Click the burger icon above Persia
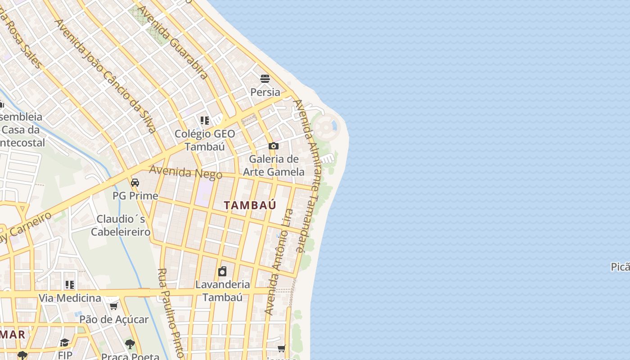265,79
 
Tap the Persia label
265,92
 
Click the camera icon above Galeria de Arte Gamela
273,146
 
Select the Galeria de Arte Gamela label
274,165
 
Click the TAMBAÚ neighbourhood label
250,205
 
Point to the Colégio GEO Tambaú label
205,140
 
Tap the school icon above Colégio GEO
205,120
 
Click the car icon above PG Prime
135,183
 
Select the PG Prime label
135,196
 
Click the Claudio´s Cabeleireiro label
121,225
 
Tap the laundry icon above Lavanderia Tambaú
222,271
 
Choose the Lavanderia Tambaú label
222,291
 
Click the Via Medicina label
70,298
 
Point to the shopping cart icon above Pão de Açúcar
113,306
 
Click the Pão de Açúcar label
114,319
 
